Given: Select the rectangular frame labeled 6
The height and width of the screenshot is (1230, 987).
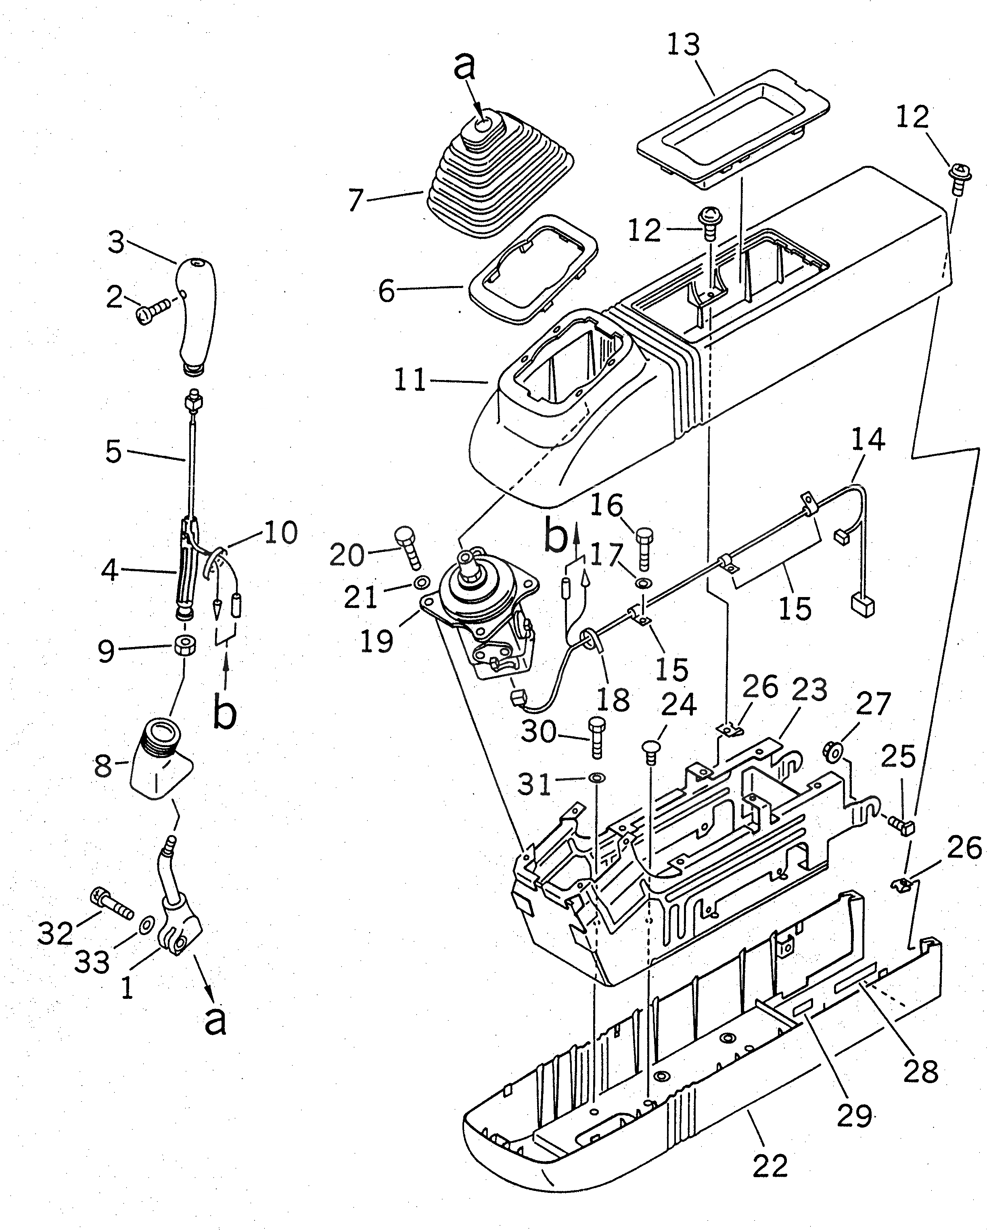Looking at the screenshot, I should point(533,268).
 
